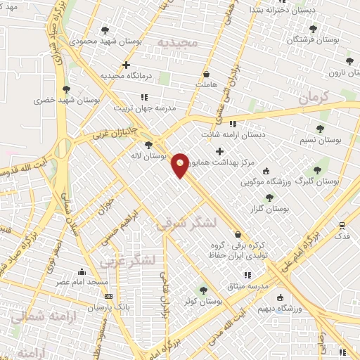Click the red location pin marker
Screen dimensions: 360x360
(x=181, y=165)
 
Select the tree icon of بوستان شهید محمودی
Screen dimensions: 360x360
(x=105, y=30)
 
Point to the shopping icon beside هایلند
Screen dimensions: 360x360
(x=206, y=73)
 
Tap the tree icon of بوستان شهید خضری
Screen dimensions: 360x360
(x=66, y=89)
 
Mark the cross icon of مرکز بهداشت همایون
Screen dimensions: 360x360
(x=220, y=150)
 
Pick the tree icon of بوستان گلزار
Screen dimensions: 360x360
(x=269, y=198)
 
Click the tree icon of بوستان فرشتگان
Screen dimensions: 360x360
(x=313, y=29)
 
